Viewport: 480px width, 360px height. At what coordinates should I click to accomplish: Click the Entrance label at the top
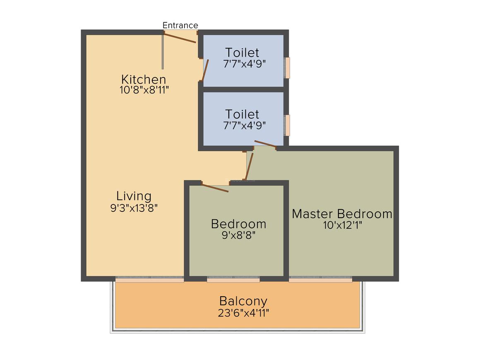pyautogui.click(x=180, y=25)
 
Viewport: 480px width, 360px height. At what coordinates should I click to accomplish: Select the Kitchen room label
pyautogui.click(x=143, y=79)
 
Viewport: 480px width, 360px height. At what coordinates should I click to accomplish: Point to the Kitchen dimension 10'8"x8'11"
pyautogui.click(x=144, y=90)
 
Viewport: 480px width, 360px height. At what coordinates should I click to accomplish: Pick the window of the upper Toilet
pyautogui.click(x=287, y=67)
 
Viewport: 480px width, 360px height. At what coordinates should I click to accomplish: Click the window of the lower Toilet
pyautogui.click(x=287, y=125)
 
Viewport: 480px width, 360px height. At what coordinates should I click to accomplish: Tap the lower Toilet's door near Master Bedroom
pyautogui.click(x=265, y=144)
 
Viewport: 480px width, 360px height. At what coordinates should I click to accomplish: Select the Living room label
pyautogui.click(x=134, y=196)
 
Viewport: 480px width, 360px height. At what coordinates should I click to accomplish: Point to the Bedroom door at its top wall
pyautogui.click(x=215, y=188)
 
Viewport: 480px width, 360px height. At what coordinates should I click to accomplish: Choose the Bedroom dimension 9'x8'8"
pyautogui.click(x=238, y=235)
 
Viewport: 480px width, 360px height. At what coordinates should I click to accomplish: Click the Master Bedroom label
pyautogui.click(x=342, y=214)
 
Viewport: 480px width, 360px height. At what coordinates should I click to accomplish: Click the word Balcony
pyautogui.click(x=243, y=301)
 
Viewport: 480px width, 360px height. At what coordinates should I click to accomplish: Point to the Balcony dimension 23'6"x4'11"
pyautogui.click(x=243, y=312)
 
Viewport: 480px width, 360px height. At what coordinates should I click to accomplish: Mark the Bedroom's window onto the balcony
pyautogui.click(x=233, y=279)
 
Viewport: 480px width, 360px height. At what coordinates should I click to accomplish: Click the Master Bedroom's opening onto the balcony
pyautogui.click(x=321, y=279)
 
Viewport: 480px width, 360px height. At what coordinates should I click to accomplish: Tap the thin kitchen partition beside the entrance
pyautogui.click(x=163, y=52)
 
